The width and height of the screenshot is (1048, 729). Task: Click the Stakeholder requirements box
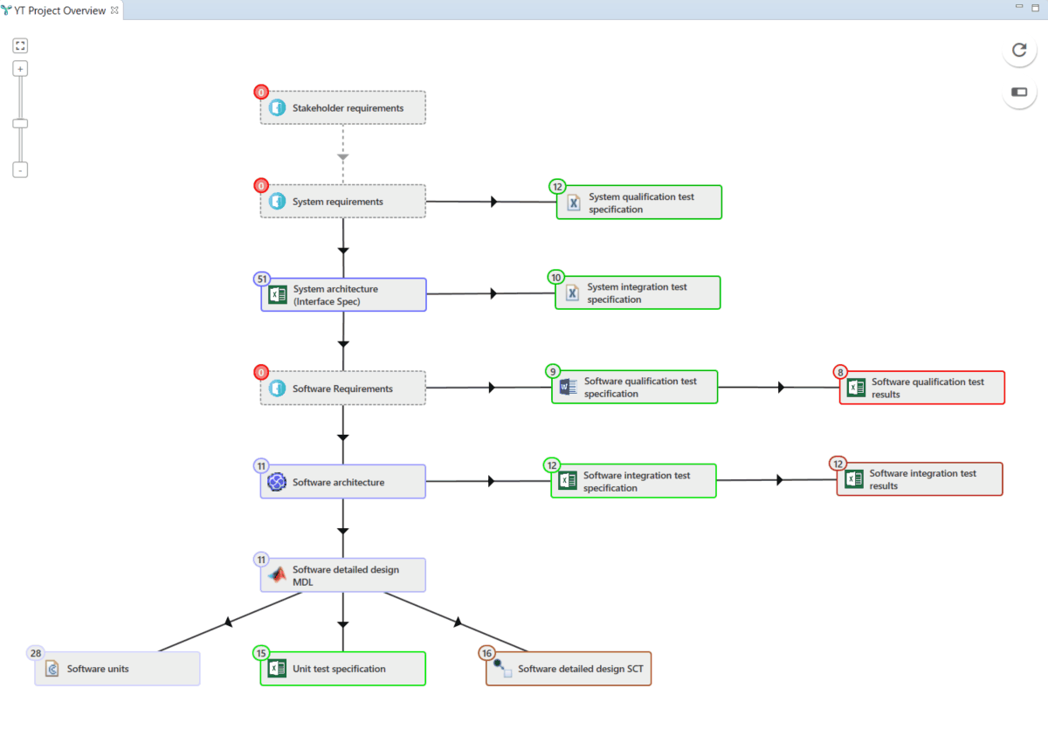point(342,108)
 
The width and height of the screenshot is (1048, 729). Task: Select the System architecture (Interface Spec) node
point(342,295)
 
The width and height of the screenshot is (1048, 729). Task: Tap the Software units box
point(117,669)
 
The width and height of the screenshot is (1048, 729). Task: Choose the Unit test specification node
point(342,669)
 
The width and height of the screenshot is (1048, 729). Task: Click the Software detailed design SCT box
point(569,670)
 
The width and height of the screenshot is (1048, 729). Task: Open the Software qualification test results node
point(922,388)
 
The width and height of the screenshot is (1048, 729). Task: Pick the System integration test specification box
point(638,293)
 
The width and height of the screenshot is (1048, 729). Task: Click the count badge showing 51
point(261,279)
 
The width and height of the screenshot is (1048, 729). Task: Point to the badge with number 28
point(36,653)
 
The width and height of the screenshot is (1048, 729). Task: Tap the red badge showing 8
point(840,371)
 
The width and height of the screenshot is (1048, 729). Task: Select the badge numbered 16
point(486,653)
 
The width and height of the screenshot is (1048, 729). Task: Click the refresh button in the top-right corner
point(1019,50)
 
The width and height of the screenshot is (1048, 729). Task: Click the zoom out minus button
point(20,170)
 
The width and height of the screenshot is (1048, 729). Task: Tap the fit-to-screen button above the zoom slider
point(20,45)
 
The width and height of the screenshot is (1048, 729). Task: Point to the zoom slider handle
point(20,124)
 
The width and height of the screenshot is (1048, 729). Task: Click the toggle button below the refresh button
point(1019,92)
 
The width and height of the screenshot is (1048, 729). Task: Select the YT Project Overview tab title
point(60,10)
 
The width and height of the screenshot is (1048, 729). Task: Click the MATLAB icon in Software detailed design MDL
point(277,575)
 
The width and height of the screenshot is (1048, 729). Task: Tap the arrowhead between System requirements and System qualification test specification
point(494,202)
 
